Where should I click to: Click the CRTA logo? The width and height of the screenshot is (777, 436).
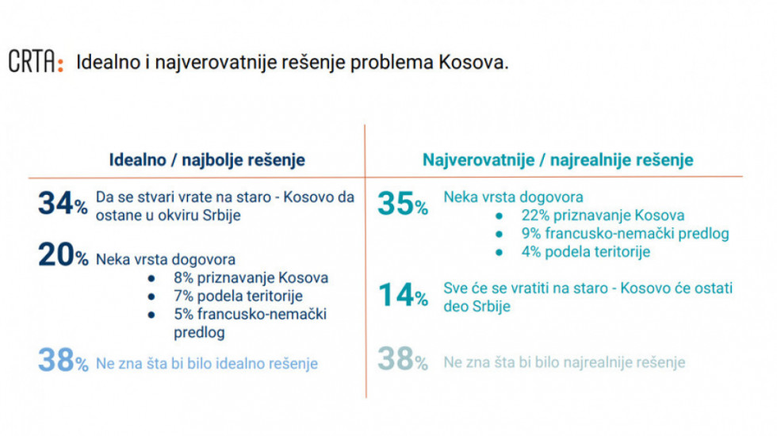[36, 62]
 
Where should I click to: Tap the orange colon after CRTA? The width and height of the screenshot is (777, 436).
[60, 64]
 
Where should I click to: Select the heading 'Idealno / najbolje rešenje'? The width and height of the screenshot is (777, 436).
[207, 160]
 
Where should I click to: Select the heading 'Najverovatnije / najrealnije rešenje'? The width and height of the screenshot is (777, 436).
[558, 160]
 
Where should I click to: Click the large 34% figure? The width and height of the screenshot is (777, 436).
[63, 203]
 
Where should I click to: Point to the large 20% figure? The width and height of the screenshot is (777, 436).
[63, 255]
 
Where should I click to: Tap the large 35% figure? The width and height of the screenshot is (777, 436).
[403, 204]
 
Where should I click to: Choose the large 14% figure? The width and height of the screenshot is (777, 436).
[403, 295]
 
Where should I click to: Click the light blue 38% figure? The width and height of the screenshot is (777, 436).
[63, 360]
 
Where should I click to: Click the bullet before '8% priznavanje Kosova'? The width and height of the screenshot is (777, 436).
[151, 278]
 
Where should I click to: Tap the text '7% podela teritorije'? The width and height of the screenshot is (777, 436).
[239, 296]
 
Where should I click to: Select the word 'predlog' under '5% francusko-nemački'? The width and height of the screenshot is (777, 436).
[199, 332]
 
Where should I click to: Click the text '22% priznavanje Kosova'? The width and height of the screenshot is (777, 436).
[603, 216]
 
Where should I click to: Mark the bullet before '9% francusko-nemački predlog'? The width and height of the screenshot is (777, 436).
[499, 234]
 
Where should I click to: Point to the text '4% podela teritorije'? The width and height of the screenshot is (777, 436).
[586, 252]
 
